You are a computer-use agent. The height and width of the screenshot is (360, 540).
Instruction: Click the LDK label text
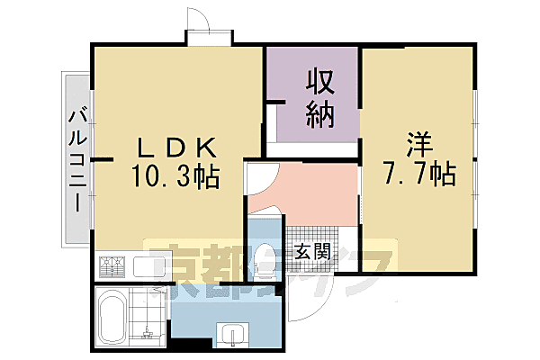(176, 146)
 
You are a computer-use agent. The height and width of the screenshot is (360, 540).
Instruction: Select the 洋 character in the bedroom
(418, 145)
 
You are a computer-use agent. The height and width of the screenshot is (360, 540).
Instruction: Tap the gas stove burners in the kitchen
(113, 267)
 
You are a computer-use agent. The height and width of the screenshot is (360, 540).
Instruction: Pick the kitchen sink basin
(143, 267)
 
